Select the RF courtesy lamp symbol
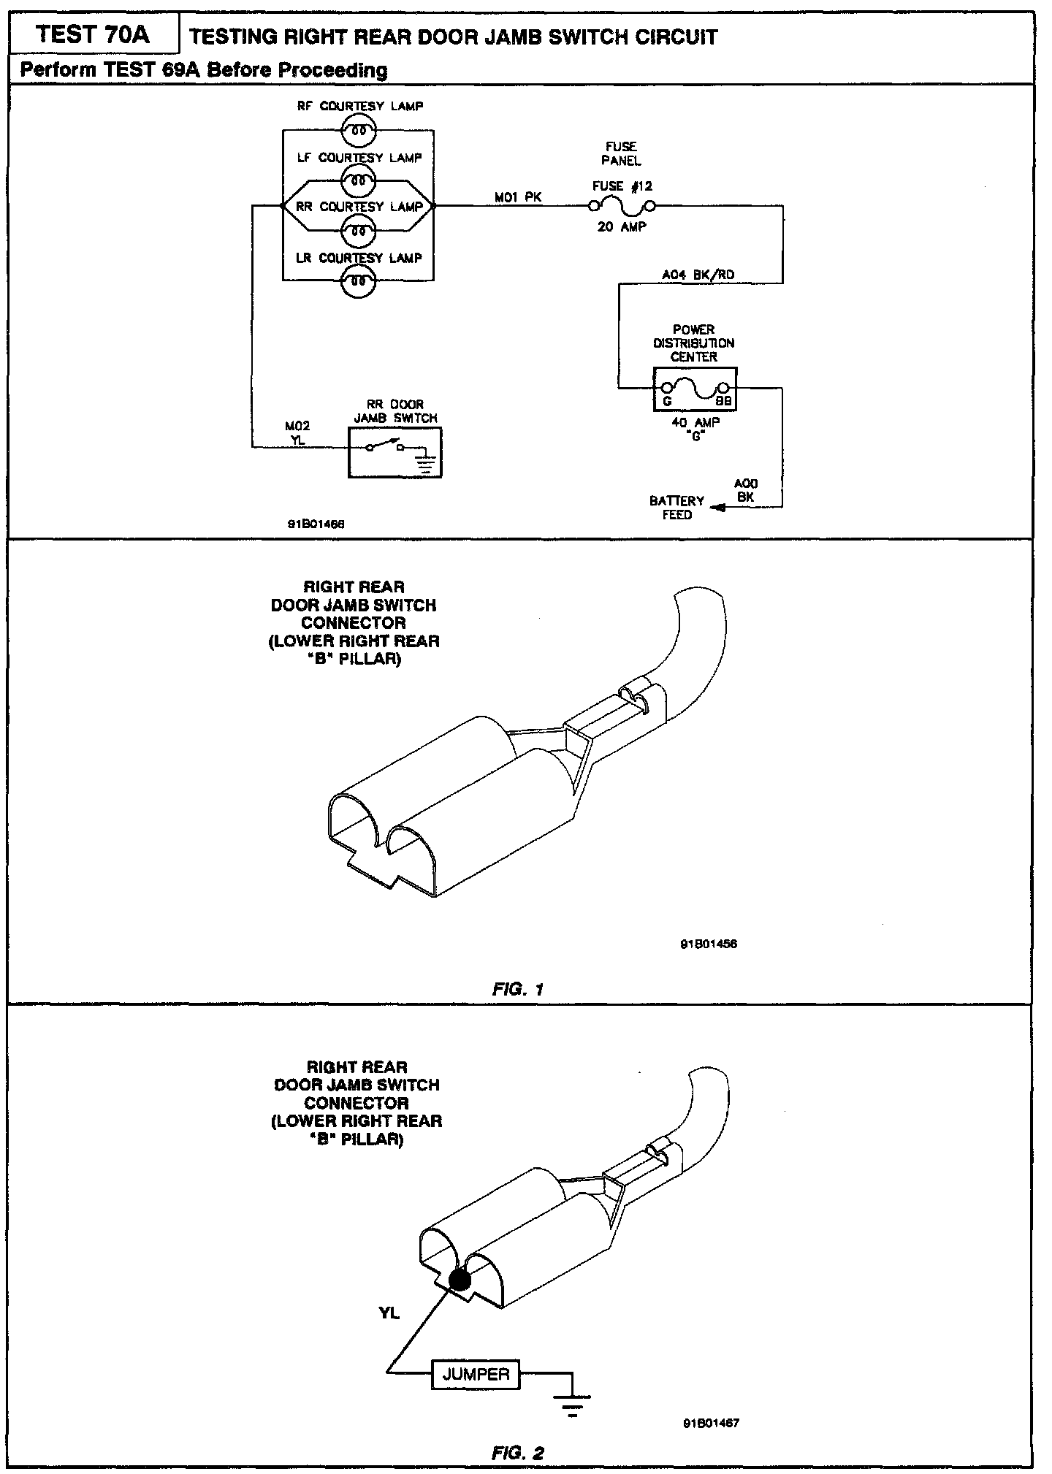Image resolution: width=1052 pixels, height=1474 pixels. point(358,131)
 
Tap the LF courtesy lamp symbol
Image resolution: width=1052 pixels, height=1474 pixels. point(358,180)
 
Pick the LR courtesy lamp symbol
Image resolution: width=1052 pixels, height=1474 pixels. point(358,280)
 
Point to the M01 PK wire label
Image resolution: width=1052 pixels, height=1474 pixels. point(518,196)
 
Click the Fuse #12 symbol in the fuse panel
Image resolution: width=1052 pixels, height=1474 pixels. point(621,207)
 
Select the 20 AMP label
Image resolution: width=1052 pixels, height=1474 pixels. point(622,227)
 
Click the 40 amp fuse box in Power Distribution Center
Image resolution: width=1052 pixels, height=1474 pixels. point(694,389)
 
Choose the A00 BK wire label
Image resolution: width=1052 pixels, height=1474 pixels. point(745,490)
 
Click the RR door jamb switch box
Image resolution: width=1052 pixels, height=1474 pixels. point(394,452)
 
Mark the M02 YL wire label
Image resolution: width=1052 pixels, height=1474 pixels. point(297,432)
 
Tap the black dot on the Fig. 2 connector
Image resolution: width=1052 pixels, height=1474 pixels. point(459,1280)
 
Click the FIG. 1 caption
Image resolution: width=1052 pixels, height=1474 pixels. point(518,990)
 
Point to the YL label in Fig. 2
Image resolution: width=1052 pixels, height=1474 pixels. point(389,1313)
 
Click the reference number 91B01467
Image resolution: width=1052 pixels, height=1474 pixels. point(711,1423)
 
